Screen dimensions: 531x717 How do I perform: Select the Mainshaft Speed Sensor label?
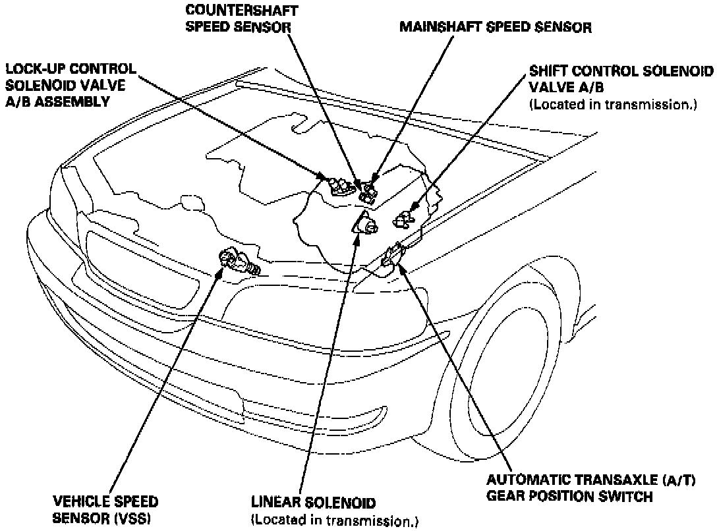pos(496,27)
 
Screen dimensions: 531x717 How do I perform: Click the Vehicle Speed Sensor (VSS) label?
pos(105,510)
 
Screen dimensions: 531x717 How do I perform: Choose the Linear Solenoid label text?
pos(312,503)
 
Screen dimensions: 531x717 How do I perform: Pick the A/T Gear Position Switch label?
pos(569,488)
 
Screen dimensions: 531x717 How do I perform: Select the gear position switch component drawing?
pos(393,254)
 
